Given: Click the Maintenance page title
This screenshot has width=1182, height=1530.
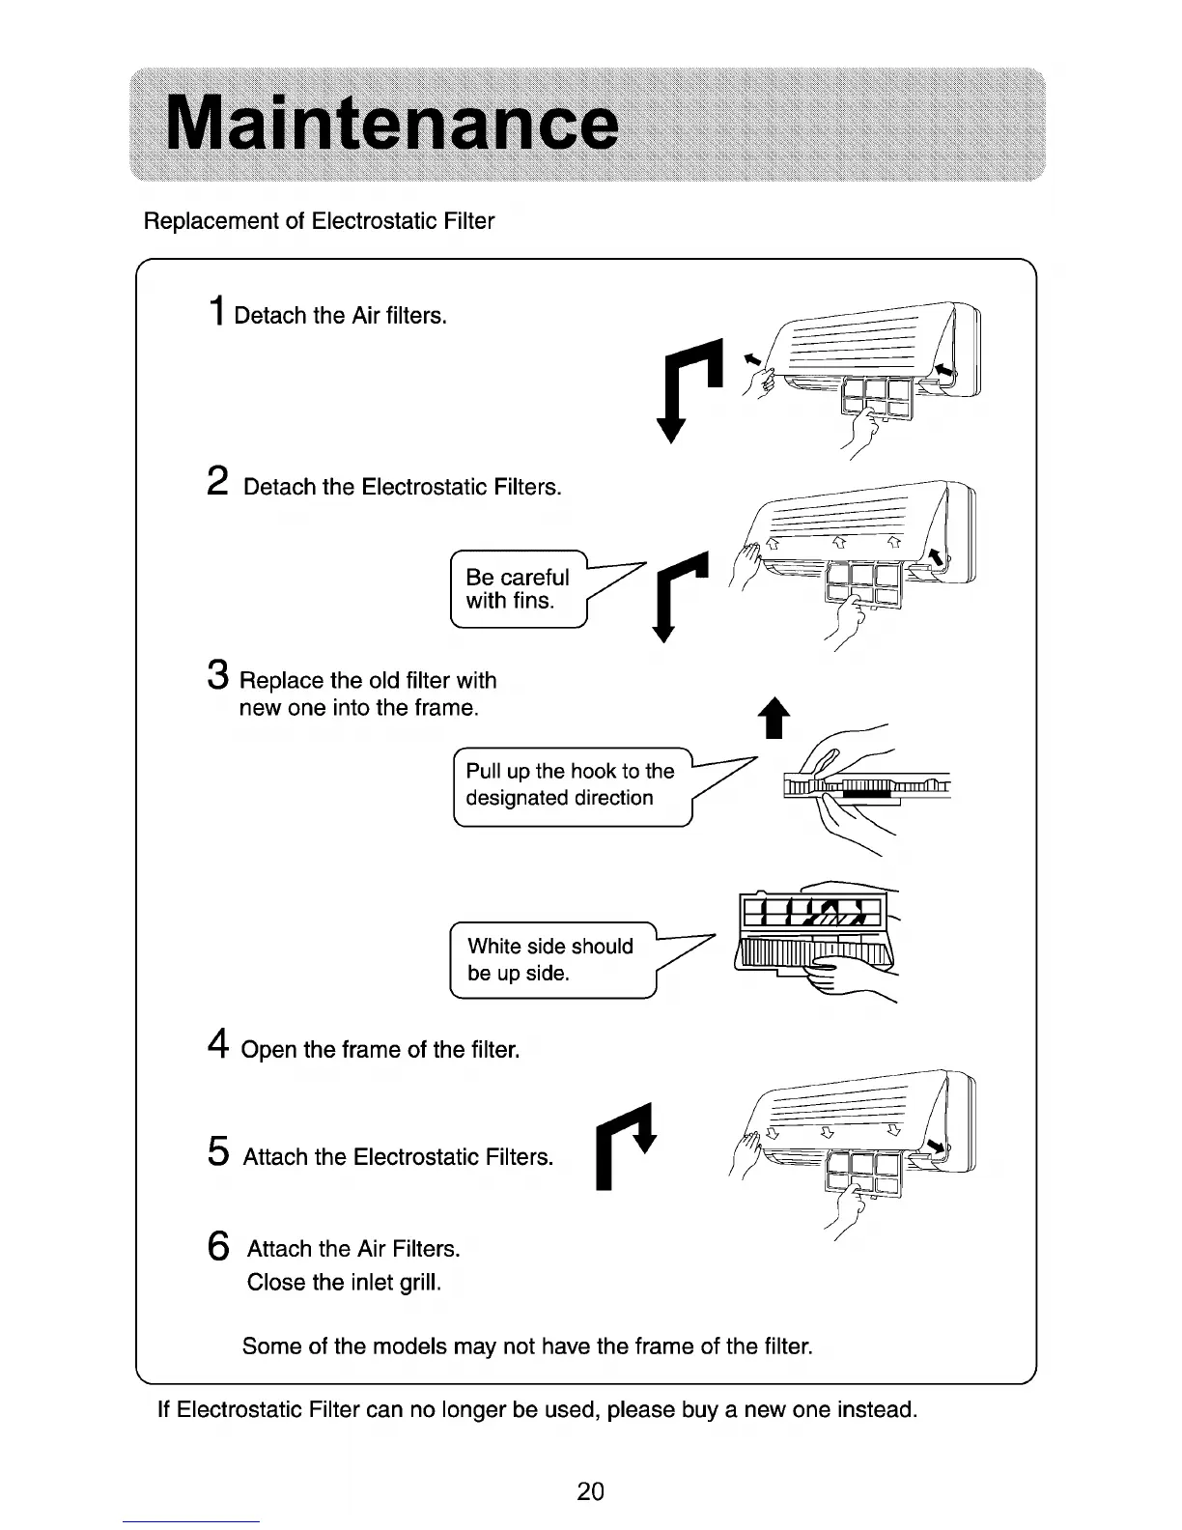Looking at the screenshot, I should tap(391, 126).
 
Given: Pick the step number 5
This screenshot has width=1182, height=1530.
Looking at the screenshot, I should tap(219, 1151).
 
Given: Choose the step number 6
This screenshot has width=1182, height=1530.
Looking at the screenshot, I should tap(219, 1245).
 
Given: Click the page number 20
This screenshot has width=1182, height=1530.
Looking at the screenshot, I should tap(590, 1491).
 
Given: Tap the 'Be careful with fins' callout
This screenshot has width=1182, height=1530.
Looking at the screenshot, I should tap(519, 589).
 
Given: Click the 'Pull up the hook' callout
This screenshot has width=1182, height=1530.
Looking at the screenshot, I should tap(572, 785).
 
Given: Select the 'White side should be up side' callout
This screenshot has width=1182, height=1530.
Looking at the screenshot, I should tap(551, 960).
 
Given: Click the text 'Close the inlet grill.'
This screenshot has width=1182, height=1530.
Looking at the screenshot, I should tap(344, 1283).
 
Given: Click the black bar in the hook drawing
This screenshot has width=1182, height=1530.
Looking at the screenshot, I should tap(874, 793).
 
